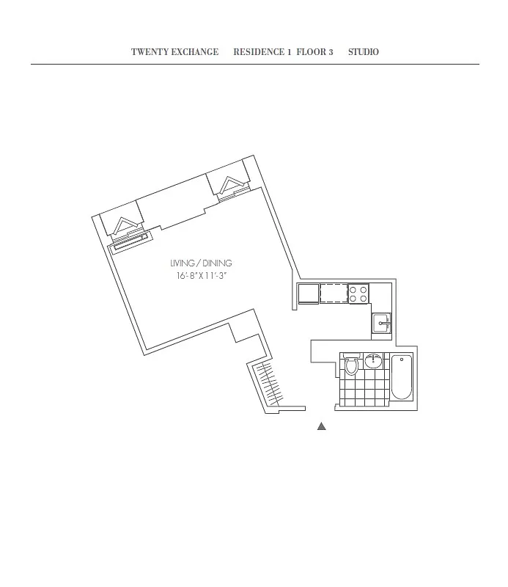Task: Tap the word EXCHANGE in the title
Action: (x=194, y=52)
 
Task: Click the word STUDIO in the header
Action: (x=363, y=52)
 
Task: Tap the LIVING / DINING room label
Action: (x=201, y=263)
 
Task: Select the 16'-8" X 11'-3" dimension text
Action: (x=201, y=277)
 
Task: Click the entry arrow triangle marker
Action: (x=321, y=426)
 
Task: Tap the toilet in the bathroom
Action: (x=352, y=365)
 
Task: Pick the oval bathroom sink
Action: (x=374, y=360)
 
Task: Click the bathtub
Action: (x=401, y=377)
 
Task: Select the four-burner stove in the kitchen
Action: (x=358, y=293)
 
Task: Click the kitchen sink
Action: (x=382, y=323)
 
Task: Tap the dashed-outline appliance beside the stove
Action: (x=334, y=293)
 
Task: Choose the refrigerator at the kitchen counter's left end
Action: (x=308, y=293)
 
